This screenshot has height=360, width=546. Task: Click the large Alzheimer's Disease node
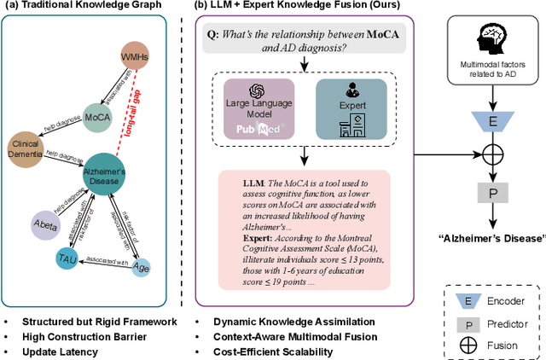click(x=107, y=176)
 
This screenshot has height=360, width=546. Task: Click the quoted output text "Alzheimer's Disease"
click(x=491, y=235)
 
